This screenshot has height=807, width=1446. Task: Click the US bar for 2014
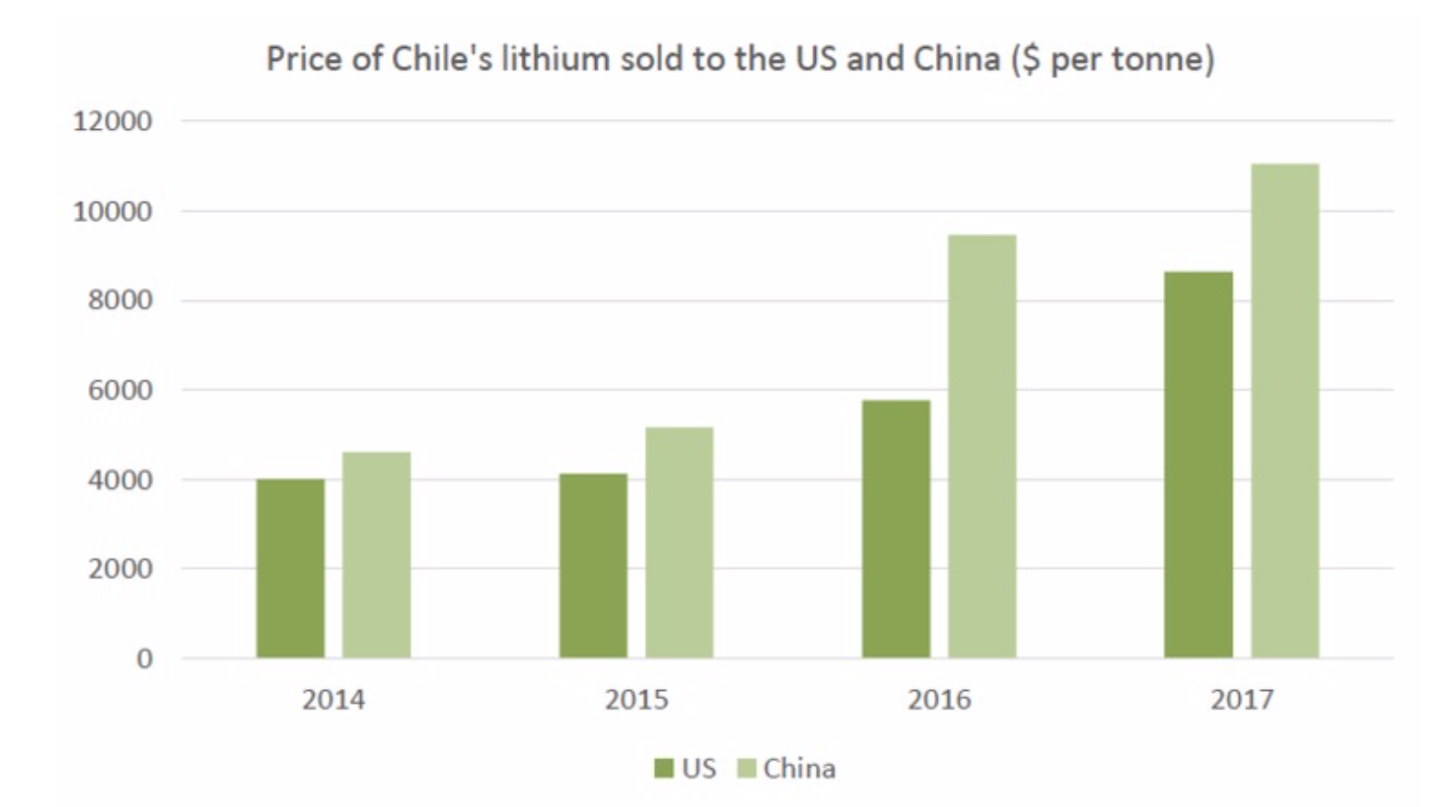pos(290,568)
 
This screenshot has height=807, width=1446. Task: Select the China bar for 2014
pos(377,555)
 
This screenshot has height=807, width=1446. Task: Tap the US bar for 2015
pos(593,566)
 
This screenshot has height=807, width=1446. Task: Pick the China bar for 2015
pos(679,543)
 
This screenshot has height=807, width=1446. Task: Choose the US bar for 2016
pos(896,529)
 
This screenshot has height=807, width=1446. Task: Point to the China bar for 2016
pos(982,446)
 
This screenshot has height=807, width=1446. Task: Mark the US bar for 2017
pos(1198,464)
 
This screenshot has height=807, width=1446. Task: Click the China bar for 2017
pos(1285,411)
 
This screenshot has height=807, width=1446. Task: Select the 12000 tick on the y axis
pos(112,122)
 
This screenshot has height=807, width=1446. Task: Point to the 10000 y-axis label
pos(112,212)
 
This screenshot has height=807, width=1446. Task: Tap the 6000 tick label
pos(120,391)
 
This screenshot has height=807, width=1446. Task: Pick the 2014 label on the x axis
pos(333,700)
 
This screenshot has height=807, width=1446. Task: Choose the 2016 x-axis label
pos(939,700)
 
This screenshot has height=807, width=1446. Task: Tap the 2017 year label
pos(1242,700)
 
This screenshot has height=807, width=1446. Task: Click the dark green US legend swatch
pos(663,768)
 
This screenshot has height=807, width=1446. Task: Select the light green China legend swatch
pos(747,768)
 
